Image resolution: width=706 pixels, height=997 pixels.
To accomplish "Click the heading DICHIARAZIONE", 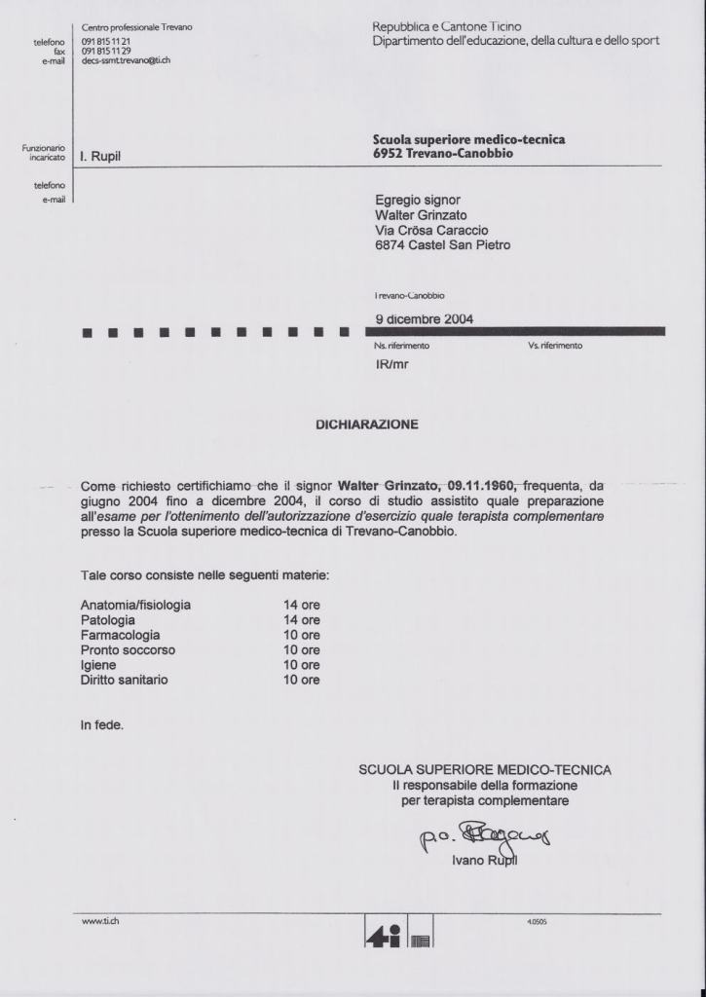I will click(366, 425).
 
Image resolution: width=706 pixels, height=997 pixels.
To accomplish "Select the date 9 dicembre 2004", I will click(425, 318).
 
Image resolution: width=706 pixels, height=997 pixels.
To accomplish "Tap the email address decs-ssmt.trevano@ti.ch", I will click(126, 60).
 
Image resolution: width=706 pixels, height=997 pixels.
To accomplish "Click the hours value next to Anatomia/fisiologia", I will click(301, 605).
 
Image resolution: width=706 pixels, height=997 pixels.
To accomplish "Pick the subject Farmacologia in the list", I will click(120, 635).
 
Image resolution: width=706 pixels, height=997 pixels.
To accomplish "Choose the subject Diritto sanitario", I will click(124, 680).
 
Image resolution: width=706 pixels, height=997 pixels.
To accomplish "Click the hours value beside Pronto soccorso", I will click(301, 649).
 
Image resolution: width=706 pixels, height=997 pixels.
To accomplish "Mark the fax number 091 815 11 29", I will click(106, 52).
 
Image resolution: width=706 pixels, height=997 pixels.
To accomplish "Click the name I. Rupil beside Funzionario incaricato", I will click(100, 156).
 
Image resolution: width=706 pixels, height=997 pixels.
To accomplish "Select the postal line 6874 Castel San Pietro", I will click(442, 245).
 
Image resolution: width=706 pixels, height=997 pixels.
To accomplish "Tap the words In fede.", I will click(102, 724).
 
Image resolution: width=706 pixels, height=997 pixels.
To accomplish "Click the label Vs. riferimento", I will click(555, 346).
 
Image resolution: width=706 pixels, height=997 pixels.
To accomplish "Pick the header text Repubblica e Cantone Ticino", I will click(447, 26).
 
